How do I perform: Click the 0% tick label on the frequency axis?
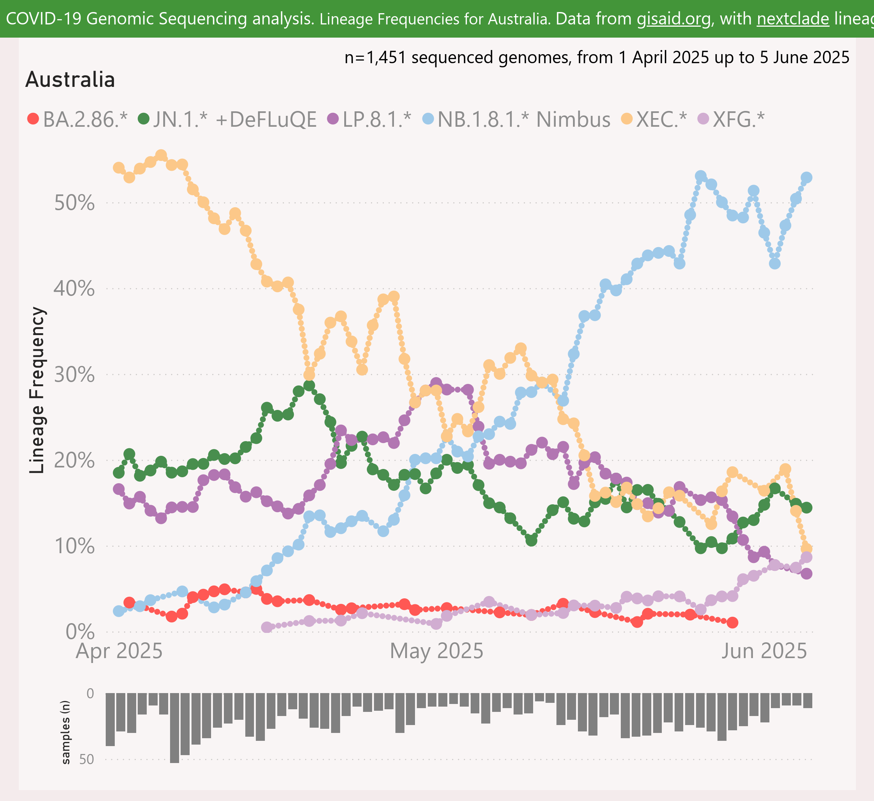80,632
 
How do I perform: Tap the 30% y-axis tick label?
74,375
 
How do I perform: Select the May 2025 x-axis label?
436,651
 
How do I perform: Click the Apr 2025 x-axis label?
119,651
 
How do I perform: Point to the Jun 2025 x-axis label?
764,651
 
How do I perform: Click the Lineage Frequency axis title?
37,390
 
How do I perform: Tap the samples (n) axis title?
65,732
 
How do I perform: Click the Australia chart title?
70,80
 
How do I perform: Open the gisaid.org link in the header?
673,19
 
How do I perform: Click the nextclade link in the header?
793,19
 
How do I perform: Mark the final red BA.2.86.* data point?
733,622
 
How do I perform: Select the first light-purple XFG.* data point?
267,627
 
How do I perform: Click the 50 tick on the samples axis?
87,759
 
